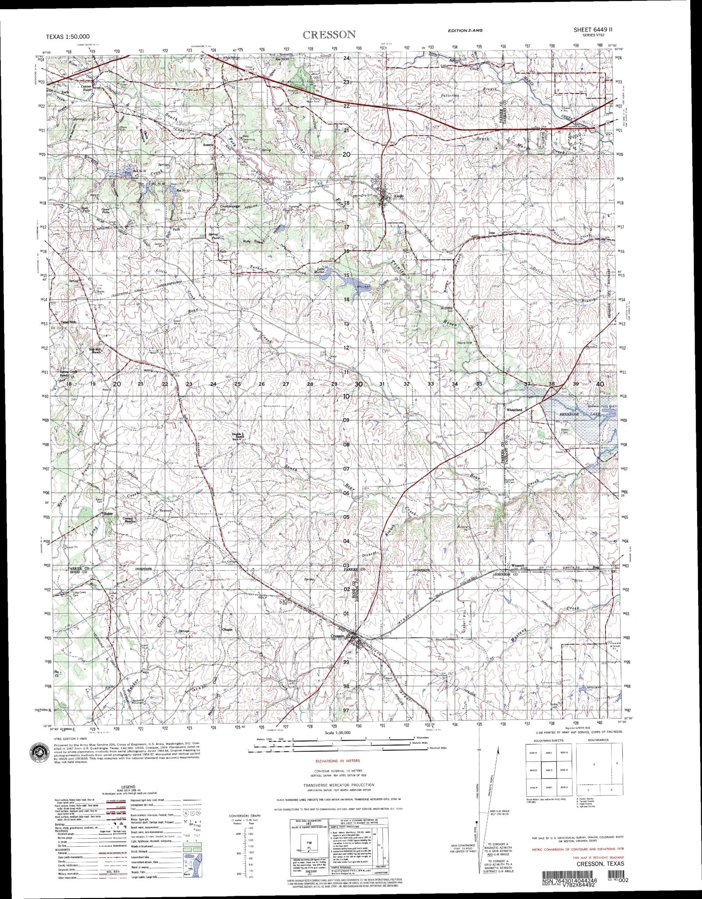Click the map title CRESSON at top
coord(329,35)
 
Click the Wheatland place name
coord(514,410)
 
